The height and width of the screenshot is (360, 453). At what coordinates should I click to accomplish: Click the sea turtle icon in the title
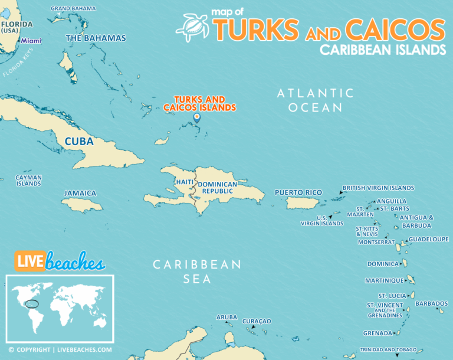pos(193,28)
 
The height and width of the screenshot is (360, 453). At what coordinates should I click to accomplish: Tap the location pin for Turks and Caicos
pos(197,117)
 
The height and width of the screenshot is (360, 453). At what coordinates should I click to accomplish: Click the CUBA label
pos(78,141)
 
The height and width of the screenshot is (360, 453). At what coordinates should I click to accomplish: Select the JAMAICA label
pos(80,193)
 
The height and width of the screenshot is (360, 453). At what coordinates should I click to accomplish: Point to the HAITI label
pos(183,182)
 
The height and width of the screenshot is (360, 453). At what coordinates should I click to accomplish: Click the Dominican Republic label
pos(217,188)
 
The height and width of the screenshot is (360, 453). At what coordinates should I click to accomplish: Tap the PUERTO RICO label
pos(298,192)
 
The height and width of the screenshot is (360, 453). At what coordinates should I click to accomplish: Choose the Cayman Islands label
pos(28,181)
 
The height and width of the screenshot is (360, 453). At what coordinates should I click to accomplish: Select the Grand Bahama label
pos(73,8)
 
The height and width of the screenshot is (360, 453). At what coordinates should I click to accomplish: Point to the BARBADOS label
pos(431,303)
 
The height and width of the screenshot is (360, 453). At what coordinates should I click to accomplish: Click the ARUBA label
pos(226,317)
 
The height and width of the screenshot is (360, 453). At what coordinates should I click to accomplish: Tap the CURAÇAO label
pos(257,321)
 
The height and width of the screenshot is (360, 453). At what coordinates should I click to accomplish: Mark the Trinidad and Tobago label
pos(388,349)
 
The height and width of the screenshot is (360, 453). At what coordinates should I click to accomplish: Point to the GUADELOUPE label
pos(428,239)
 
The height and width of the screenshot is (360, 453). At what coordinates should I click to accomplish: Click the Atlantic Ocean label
pos(316,100)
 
